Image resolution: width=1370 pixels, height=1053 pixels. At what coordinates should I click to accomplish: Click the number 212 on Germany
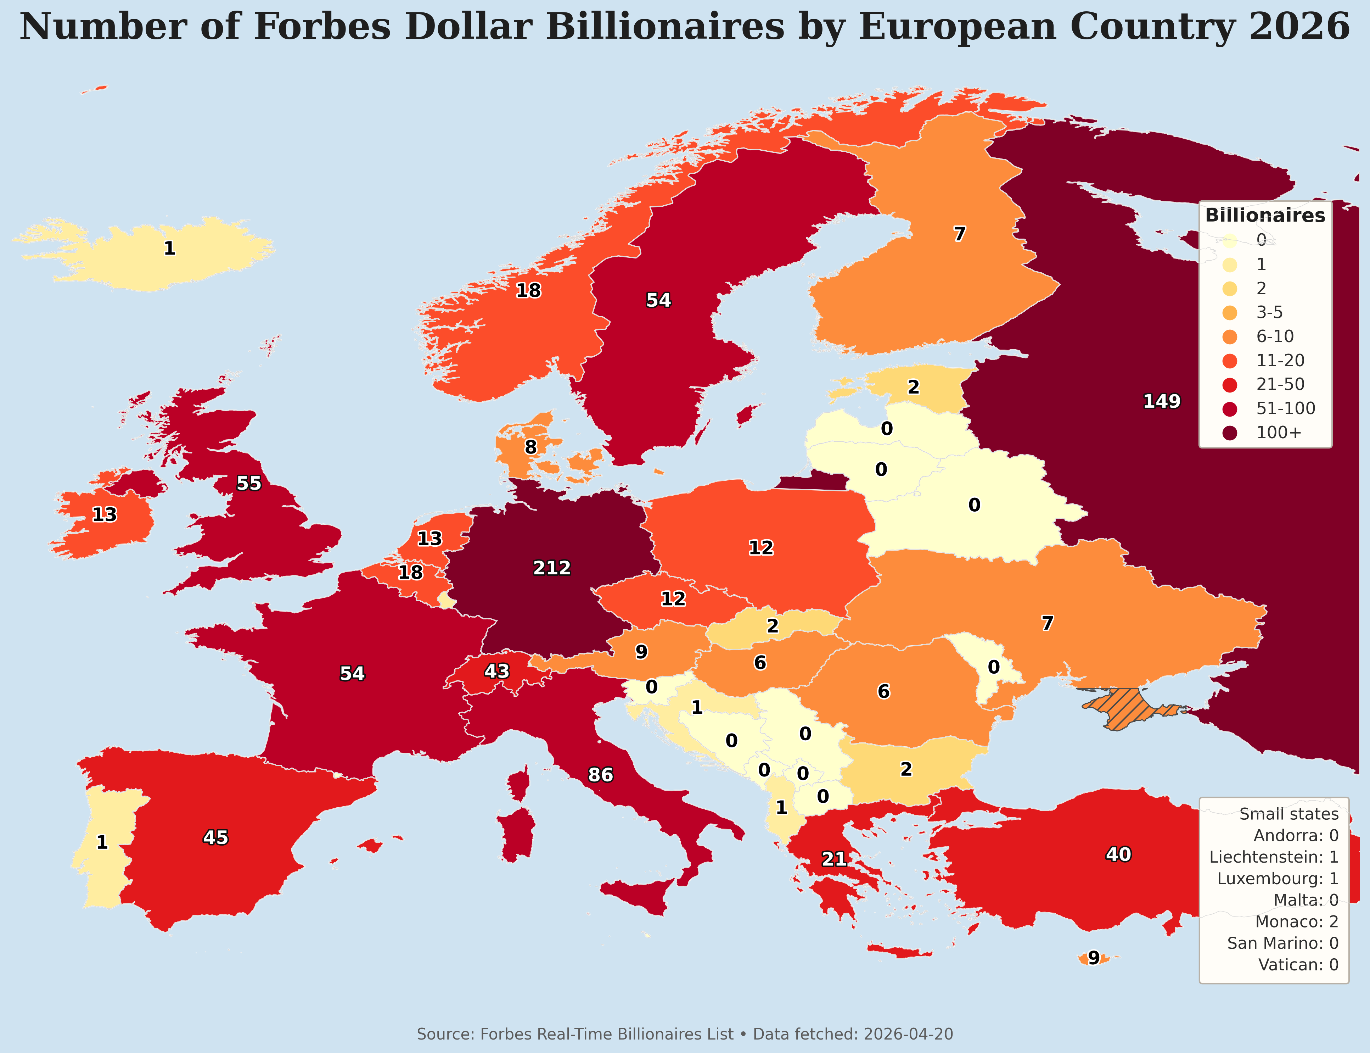point(552,568)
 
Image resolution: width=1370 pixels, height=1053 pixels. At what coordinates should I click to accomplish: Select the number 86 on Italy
point(600,775)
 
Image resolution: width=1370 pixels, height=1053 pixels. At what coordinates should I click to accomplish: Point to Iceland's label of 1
point(169,249)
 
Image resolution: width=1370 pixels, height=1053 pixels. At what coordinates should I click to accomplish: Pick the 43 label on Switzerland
point(497,671)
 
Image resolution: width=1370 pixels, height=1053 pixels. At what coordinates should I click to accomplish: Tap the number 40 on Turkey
point(1118,854)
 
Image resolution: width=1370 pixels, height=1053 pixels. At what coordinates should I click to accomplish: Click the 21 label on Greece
point(834,859)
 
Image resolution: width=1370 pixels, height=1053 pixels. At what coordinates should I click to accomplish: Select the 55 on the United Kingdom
point(249,483)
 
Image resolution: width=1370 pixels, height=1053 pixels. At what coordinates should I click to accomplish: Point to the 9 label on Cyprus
point(1093,958)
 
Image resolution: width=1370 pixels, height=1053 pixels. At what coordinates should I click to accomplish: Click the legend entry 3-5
point(1269,312)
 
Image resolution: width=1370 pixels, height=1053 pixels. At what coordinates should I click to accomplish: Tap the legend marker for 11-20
point(1230,361)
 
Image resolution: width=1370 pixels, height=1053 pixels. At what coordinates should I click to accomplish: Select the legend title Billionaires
point(1265,216)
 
